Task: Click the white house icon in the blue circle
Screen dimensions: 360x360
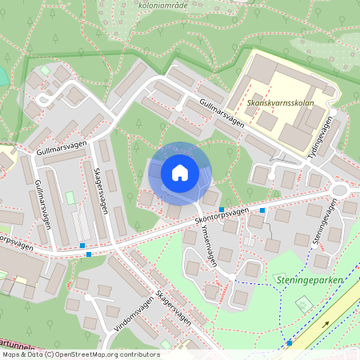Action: [180, 172]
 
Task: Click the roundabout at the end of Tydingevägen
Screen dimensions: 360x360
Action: [341, 190]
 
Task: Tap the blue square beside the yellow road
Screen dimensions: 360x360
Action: [290, 342]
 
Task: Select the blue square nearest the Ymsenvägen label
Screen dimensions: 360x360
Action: [221, 209]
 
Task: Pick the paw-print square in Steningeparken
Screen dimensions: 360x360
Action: [303, 304]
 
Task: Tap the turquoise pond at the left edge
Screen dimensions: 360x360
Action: [2, 76]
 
